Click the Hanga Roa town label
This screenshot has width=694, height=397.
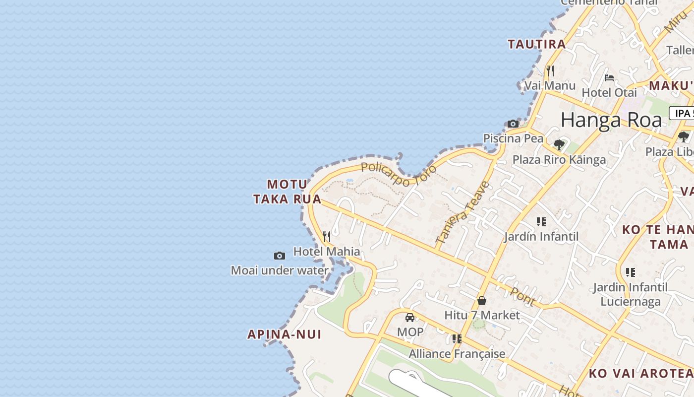[611, 120]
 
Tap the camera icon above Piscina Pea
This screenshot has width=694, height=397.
[513, 124]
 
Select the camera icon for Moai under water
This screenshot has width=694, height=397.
[280, 256]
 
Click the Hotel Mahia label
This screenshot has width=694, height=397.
[327, 252]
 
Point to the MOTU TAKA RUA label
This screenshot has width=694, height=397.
[287, 192]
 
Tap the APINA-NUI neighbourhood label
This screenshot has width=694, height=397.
[285, 334]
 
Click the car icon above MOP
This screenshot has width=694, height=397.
[410, 318]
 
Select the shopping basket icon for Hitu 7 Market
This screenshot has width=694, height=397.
[481, 301]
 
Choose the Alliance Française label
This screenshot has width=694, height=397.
[457, 354]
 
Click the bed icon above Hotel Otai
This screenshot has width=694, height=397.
[609, 77]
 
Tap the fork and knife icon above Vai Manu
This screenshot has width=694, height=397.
[550, 71]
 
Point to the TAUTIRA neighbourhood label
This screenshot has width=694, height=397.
[536, 44]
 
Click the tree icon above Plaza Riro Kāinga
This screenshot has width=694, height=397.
[559, 145]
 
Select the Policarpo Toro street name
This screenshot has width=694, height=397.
[399, 175]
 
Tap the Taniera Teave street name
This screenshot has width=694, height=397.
[463, 212]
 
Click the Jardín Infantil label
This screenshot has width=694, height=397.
[541, 236]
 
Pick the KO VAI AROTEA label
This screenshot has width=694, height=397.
[640, 373]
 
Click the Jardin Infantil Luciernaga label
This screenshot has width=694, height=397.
[630, 294]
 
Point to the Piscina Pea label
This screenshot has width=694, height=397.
[513, 138]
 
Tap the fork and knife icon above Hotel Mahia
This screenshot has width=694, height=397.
[326, 237]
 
